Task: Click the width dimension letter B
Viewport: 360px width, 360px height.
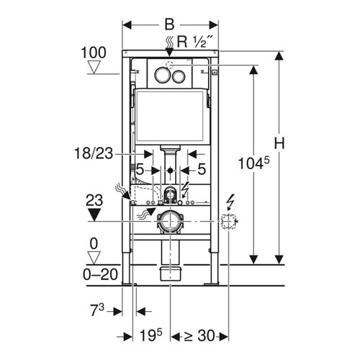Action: tap(169, 24)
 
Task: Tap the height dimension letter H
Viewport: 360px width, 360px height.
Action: tap(279, 143)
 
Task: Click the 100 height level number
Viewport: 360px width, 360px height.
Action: tap(94, 53)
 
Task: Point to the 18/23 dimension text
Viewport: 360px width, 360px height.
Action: tap(94, 153)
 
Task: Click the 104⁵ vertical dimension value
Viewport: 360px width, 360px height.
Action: tap(253, 163)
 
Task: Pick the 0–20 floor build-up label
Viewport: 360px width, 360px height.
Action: tap(100, 274)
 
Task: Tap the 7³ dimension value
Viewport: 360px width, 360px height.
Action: tap(97, 310)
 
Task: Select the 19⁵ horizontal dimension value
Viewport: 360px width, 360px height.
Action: tap(151, 335)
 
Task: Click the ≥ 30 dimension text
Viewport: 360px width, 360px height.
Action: tap(199, 336)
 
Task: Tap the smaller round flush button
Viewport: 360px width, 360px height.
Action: tap(179, 76)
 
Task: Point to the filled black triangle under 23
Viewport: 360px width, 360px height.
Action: tap(94, 215)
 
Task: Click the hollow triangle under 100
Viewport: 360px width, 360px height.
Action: tap(94, 67)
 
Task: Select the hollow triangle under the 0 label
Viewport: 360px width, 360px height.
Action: tap(94, 258)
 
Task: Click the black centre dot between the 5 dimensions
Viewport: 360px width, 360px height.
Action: tap(170, 171)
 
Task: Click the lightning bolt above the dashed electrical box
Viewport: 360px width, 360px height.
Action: tap(230, 202)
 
